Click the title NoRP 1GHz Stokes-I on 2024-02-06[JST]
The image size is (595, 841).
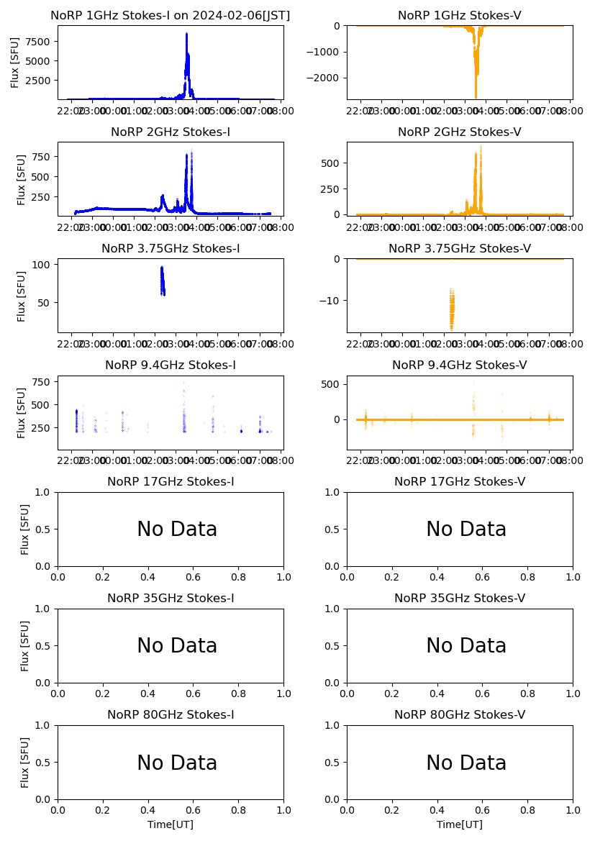tap(171, 16)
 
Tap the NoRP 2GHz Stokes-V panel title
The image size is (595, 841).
tap(460, 132)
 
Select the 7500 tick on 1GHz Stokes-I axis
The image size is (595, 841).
tap(42, 41)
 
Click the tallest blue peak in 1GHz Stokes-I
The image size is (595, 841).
tap(186, 35)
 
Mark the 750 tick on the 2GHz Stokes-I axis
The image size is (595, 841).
tap(45, 157)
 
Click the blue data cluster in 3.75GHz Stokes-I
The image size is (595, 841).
tap(163, 281)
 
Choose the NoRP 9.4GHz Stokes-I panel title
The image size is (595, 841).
tap(171, 365)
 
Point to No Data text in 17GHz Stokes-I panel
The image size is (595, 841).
tap(177, 529)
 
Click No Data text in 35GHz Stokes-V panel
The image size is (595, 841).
tap(466, 646)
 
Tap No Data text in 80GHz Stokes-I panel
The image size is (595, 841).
tap(177, 763)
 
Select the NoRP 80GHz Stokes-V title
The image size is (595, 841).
tap(460, 715)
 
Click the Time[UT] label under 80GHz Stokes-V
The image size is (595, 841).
tap(460, 824)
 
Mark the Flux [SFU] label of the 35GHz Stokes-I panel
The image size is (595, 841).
tap(25, 645)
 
